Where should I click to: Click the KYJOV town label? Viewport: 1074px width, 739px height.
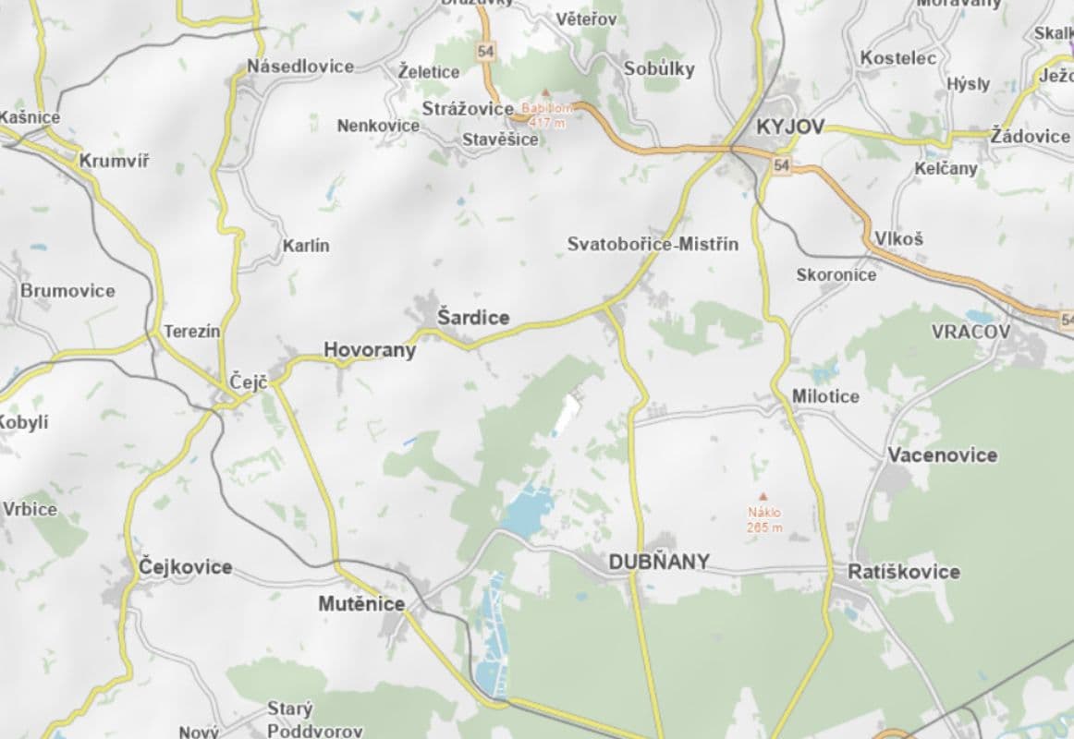pyautogui.click(x=789, y=127)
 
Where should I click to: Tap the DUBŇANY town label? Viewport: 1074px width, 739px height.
pyautogui.click(x=659, y=561)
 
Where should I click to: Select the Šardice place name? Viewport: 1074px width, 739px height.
pyautogui.click(x=473, y=318)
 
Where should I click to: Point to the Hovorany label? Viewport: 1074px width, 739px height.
pyautogui.click(x=370, y=350)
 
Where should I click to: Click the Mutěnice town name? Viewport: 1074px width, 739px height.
pyautogui.click(x=361, y=604)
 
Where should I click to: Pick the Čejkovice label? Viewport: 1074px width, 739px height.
pyautogui.click(x=185, y=566)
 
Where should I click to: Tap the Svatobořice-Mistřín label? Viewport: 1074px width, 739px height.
pyautogui.click(x=653, y=244)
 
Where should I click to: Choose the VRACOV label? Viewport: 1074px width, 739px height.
pyautogui.click(x=970, y=331)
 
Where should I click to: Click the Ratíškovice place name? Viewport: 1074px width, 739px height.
pyautogui.click(x=904, y=572)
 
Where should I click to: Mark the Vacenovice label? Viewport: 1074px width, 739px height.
pyautogui.click(x=942, y=454)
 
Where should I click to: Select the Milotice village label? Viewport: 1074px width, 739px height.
pyautogui.click(x=825, y=396)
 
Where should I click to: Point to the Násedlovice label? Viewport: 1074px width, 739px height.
pyautogui.click(x=300, y=67)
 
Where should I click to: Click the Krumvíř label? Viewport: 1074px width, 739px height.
pyautogui.click(x=114, y=161)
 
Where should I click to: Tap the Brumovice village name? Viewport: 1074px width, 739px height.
pyautogui.click(x=68, y=291)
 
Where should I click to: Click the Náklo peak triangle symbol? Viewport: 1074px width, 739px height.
pyautogui.click(x=763, y=496)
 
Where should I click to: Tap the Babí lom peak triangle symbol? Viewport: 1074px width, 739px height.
pyautogui.click(x=545, y=92)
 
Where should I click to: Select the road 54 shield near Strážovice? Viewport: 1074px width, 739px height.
pyautogui.click(x=486, y=52)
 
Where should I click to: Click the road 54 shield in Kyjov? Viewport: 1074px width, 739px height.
pyautogui.click(x=783, y=165)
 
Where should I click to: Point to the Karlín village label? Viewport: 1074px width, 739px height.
pyautogui.click(x=305, y=246)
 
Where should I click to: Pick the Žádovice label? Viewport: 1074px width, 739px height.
pyautogui.click(x=1030, y=136)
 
